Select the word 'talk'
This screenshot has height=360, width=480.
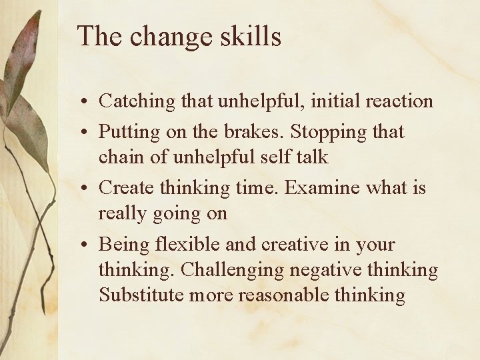click(x=312, y=157)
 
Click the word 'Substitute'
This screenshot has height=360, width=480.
click(x=141, y=295)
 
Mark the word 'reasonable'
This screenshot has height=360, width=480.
click(x=289, y=295)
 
